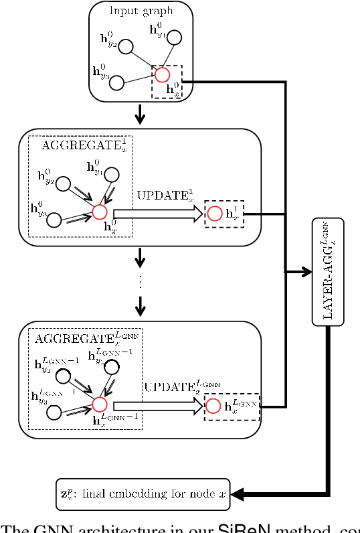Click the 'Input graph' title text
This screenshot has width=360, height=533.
tap(141, 10)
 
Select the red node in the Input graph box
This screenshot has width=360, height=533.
tap(161, 75)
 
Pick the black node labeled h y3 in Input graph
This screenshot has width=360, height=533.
tap(117, 82)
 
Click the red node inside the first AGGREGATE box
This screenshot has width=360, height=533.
tap(99, 212)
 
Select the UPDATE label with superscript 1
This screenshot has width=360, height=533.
tap(166, 197)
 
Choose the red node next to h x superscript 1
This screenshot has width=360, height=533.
tap(215, 214)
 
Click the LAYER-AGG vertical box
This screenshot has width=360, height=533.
tap(328, 271)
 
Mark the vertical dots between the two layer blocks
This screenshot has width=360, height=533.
tap(140, 282)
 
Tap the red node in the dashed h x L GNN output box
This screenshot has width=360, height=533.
tap(213, 406)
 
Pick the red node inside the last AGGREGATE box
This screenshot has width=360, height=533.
tap(99, 404)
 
